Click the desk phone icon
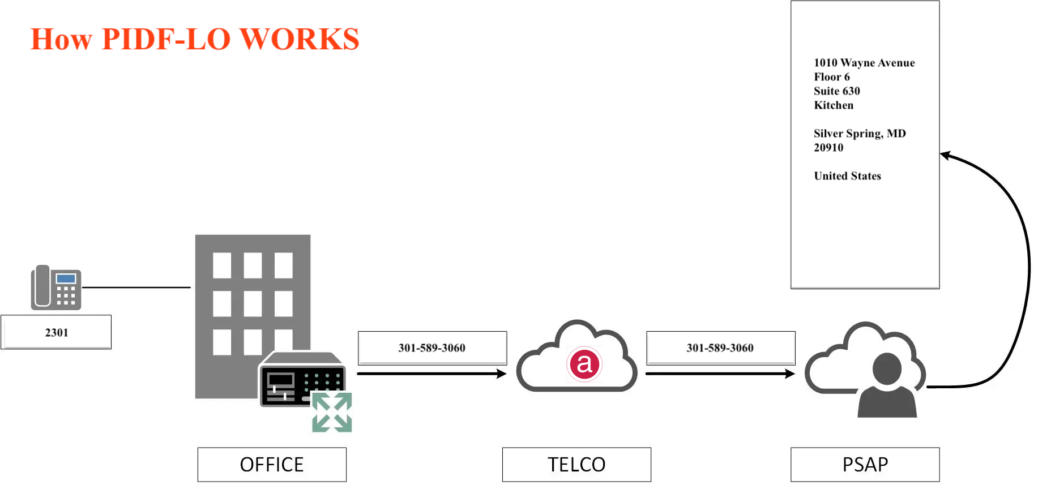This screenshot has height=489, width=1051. pyautogui.click(x=56, y=288)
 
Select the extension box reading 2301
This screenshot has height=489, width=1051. pyautogui.click(x=56, y=332)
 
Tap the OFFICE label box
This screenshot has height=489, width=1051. pyautogui.click(x=272, y=465)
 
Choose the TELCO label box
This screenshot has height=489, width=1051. pyautogui.click(x=576, y=465)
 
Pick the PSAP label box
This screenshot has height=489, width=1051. pyautogui.click(x=865, y=465)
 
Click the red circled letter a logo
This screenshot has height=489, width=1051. pyautogui.click(x=584, y=364)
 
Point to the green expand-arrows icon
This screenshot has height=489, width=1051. pyautogui.click(x=332, y=413)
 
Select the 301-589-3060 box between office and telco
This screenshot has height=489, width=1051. pyautogui.click(x=432, y=348)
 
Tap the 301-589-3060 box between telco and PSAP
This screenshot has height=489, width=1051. pyautogui.click(x=720, y=348)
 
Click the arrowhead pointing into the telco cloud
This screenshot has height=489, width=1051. pyautogui.click(x=502, y=374)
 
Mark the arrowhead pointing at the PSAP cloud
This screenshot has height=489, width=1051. pyautogui.click(x=791, y=374)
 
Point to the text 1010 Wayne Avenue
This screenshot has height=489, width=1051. pyautogui.click(x=864, y=63)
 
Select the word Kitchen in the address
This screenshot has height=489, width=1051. pyautogui.click(x=834, y=105)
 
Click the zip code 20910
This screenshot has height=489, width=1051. pyautogui.click(x=828, y=148)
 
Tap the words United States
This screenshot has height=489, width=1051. pyautogui.click(x=847, y=176)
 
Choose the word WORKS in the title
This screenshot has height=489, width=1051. pyautogui.click(x=300, y=40)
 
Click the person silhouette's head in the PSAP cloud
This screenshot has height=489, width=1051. pyautogui.click(x=887, y=368)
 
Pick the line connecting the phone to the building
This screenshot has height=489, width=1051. pyautogui.click(x=136, y=288)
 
